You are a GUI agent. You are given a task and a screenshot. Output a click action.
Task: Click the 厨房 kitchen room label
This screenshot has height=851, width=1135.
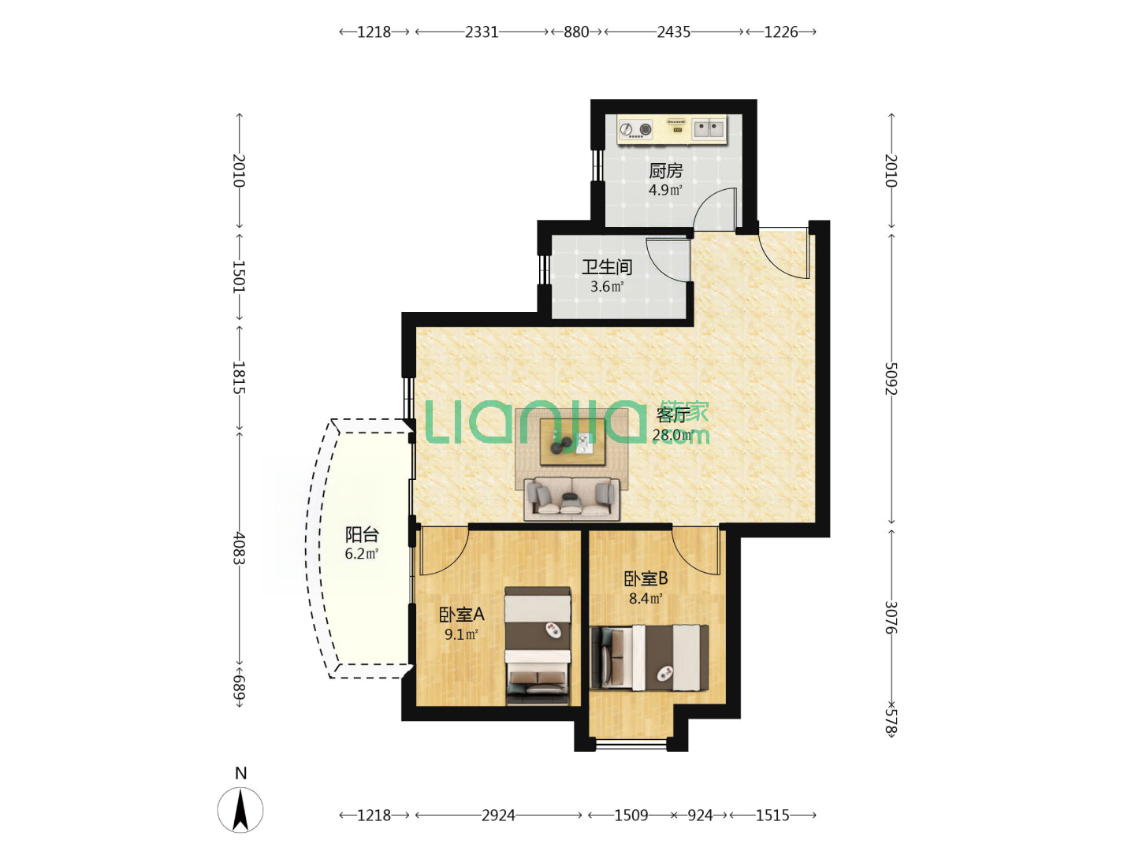pyautogui.click(x=665, y=170)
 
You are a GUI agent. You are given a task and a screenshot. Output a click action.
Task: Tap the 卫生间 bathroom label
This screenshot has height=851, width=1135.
pyautogui.click(x=607, y=267)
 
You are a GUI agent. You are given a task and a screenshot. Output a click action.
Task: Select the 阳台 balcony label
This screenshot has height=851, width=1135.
pyautogui.click(x=362, y=533)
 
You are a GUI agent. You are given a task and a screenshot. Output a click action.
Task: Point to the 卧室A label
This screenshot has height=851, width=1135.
pyautogui.click(x=461, y=615)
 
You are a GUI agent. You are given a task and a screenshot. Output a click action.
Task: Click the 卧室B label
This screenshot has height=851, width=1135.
pyautogui.click(x=646, y=578)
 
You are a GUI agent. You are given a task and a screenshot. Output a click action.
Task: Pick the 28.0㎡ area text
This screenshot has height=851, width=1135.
pyautogui.click(x=672, y=435)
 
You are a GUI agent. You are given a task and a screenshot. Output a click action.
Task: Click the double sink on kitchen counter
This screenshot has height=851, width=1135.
pyautogui.click(x=709, y=128)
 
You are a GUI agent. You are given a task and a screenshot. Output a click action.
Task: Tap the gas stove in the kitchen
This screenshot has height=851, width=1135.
pyautogui.click(x=635, y=129)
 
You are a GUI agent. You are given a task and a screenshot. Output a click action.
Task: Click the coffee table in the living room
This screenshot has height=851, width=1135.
pyautogui.click(x=572, y=442)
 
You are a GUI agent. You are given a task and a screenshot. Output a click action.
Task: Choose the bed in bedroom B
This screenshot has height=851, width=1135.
pyautogui.click(x=649, y=657)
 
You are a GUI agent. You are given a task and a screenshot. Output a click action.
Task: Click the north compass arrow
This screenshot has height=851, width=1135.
pyautogui.click(x=240, y=810)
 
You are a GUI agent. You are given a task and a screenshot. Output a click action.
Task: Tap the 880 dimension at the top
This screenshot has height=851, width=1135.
pyautogui.click(x=576, y=32)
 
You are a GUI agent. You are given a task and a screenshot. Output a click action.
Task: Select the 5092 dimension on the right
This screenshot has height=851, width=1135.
pyautogui.click(x=891, y=379)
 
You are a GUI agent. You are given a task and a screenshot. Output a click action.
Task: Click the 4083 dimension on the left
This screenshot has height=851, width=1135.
pyautogui.click(x=239, y=548)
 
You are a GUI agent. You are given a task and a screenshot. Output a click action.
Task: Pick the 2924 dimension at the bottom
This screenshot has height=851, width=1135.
pyautogui.click(x=498, y=816)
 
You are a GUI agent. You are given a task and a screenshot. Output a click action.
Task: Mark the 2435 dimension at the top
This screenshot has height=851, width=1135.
pyautogui.click(x=673, y=32)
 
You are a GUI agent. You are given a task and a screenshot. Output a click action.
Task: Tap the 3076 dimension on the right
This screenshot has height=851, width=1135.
pyautogui.click(x=891, y=617)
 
